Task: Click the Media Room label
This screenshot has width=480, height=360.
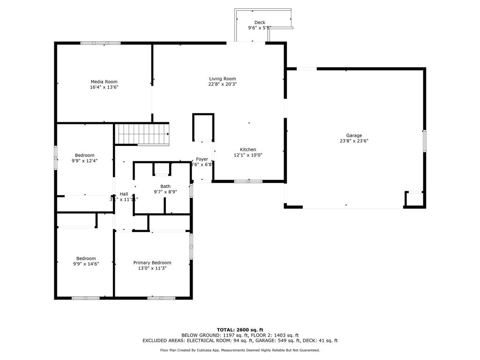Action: pyautogui.click(x=104, y=82)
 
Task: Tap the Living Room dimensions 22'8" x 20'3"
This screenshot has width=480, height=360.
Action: pyautogui.click(x=222, y=84)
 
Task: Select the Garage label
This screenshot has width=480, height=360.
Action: pyautogui.click(x=354, y=135)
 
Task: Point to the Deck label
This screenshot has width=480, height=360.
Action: pyautogui.click(x=260, y=22)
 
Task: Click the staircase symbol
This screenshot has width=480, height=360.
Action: pyautogui.click(x=143, y=134)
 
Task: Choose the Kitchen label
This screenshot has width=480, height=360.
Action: pyautogui.click(x=248, y=150)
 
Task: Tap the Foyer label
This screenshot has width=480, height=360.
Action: pyautogui.click(x=202, y=159)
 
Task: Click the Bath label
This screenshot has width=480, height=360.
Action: pyautogui.click(x=165, y=186)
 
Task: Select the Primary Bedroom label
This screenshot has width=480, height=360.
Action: pyautogui.click(x=152, y=262)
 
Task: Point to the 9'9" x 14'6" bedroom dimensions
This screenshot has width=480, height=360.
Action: pyautogui.click(x=86, y=264)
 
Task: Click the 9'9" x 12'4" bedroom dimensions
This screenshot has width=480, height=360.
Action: pyautogui.click(x=85, y=161)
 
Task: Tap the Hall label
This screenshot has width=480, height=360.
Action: pyautogui.click(x=124, y=194)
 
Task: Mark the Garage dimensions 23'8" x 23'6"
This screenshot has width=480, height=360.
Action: pyautogui.click(x=354, y=141)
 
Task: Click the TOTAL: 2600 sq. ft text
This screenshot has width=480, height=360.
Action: pyautogui.click(x=240, y=330)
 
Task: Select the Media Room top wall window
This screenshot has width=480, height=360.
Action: pyautogui.click(x=100, y=43)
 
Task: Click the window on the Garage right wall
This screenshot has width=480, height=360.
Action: pyautogui.click(x=424, y=141)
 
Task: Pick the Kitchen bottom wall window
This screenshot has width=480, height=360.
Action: pyautogui.click(x=248, y=181)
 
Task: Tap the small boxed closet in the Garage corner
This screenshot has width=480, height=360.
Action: pyautogui.click(x=414, y=199)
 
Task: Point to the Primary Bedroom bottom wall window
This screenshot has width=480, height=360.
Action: pyautogui.click(x=161, y=298)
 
